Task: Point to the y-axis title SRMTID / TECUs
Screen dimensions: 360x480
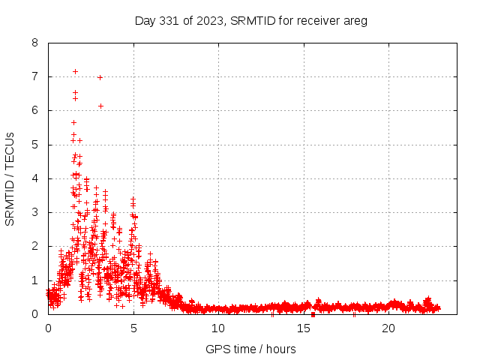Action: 10,178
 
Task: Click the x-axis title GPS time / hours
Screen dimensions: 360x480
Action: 250,349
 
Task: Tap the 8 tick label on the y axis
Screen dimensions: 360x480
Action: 35,43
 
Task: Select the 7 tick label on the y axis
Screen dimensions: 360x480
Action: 35,76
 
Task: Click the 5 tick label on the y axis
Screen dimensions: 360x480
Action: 35,145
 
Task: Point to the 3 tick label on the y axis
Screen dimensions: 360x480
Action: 35,212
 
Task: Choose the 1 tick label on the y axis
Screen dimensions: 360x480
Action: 35,280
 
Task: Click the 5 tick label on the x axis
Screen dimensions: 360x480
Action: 133,328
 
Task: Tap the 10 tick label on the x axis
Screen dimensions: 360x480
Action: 218,328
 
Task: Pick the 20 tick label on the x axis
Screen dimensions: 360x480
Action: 388,328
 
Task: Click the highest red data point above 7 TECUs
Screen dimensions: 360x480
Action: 75,71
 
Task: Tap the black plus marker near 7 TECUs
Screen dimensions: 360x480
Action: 100,77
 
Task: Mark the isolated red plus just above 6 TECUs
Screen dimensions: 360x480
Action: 100,106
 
